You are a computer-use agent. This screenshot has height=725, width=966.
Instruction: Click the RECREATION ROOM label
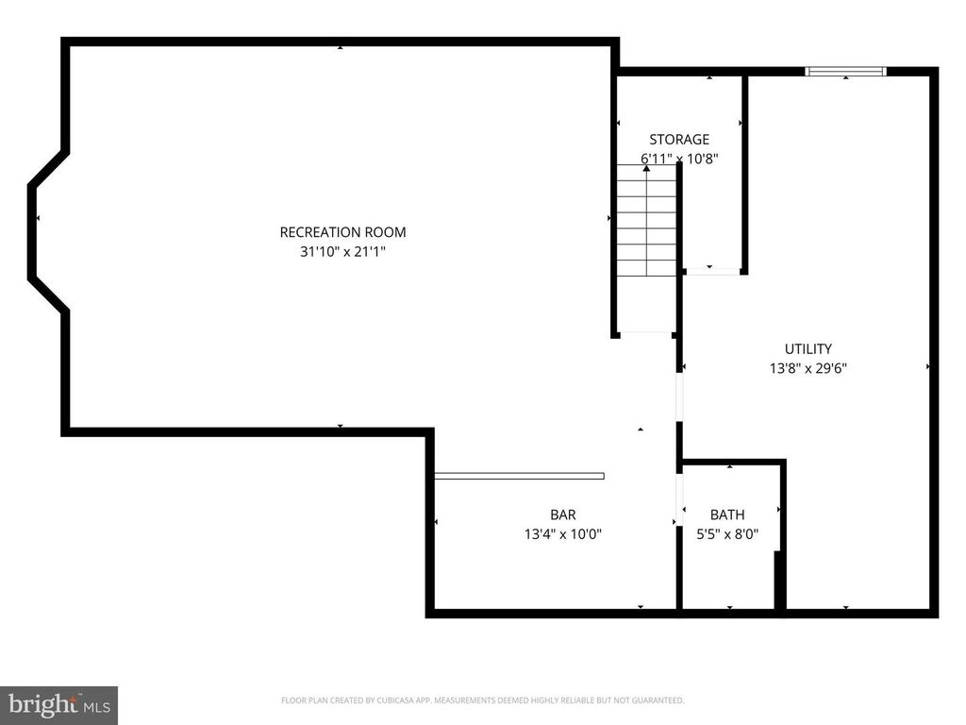coord(342,232)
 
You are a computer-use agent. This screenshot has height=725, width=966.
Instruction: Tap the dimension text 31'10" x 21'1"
coord(342,252)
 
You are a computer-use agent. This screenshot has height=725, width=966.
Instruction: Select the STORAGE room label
coord(678,140)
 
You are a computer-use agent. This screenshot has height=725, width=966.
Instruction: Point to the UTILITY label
coord(808,349)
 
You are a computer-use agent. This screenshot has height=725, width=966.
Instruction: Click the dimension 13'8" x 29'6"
coord(808,369)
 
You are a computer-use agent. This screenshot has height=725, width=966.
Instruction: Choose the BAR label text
coord(562,514)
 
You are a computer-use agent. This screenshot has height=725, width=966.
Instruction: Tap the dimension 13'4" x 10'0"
coord(562,534)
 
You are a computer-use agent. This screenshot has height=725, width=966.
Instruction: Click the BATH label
coord(726,514)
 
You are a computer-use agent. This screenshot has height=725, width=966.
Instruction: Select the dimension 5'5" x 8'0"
coord(726,534)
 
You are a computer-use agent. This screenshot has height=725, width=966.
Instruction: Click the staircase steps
coord(646,222)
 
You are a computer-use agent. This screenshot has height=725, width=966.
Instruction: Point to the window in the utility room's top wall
coord(845,71)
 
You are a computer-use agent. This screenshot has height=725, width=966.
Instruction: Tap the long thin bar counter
coord(519,476)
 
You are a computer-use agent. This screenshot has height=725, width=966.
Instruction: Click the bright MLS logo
coord(58,704)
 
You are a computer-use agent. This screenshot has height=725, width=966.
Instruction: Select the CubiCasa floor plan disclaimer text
coord(482,700)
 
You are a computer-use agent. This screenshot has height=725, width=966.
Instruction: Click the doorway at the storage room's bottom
coord(712,272)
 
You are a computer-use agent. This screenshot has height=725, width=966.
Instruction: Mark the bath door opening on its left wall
coord(678,500)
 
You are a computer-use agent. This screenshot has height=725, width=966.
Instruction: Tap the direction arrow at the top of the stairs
coord(646,168)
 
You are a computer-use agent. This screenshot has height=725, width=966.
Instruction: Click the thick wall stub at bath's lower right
coord(779,581)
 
